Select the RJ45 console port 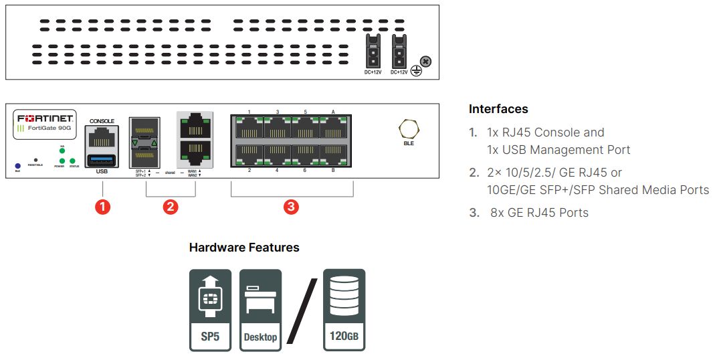click(x=102, y=138)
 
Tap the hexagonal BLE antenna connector click(x=405, y=129)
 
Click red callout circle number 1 click(x=102, y=207)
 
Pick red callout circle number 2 click(x=171, y=207)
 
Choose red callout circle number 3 click(x=291, y=207)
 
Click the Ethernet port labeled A click(x=333, y=127)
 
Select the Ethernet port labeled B click(x=333, y=155)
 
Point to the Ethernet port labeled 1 click(x=249, y=127)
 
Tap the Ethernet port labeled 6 click(x=305, y=155)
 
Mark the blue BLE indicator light click(x=17, y=165)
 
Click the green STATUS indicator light click(x=72, y=161)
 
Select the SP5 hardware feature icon click(x=210, y=310)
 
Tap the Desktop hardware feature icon click(x=260, y=310)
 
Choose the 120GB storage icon click(x=344, y=310)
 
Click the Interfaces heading click(x=498, y=109)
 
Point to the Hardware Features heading click(x=244, y=248)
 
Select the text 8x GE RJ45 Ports click(x=538, y=213)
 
